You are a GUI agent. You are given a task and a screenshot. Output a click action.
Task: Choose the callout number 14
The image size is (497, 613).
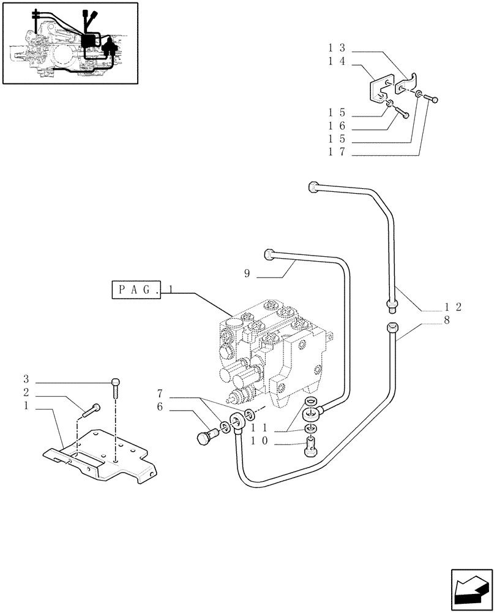[337, 61]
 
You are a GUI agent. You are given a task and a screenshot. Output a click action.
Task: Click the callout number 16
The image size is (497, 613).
[337, 126]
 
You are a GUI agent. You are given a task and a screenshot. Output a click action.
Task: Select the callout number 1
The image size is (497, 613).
[26, 406]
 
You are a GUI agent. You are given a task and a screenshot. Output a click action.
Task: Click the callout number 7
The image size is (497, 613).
[159, 392]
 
